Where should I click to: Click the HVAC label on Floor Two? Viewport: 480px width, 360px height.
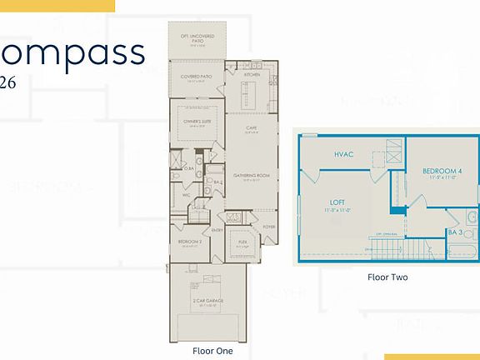pyautogui.click(x=344, y=155)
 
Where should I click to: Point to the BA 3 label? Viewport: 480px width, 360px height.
pyautogui.click(x=455, y=232)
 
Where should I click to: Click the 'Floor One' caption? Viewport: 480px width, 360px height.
pyautogui.click(x=212, y=351)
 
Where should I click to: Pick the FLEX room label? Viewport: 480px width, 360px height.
pyautogui.click(x=242, y=242)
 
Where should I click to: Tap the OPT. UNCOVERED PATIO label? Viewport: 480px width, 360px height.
pyautogui.click(x=197, y=38)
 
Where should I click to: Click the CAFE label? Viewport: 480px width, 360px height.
pyautogui.click(x=251, y=127)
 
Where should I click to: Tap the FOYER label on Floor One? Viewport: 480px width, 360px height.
pyautogui.click(x=269, y=225)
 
